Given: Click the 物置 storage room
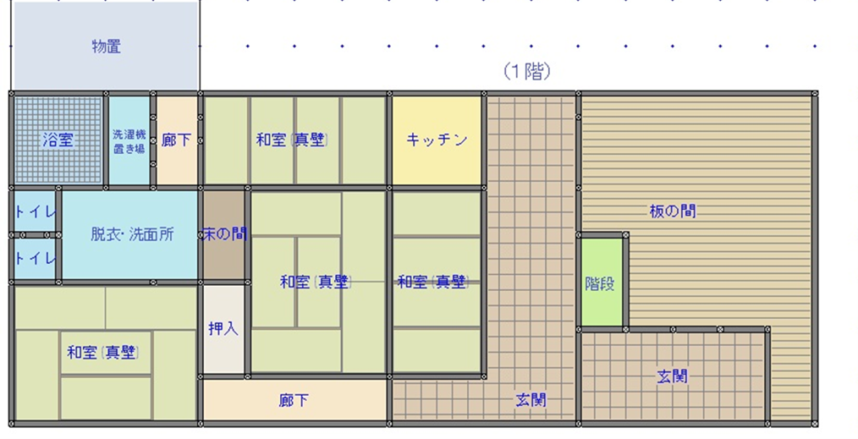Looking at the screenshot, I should tap(106, 47).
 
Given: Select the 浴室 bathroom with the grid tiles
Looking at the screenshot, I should tap(58, 140).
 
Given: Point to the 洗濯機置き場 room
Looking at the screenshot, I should tap(129, 140).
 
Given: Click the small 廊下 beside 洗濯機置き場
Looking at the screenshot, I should tap(176, 140).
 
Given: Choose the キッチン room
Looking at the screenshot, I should tap(436, 140).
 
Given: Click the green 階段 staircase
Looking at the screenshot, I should tap(600, 284).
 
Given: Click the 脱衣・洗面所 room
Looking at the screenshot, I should tap(131, 234).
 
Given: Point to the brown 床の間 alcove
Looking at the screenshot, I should tap(223, 234).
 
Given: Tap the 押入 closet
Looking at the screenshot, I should tap(223, 329).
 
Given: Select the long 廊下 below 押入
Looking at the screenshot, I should tap(294, 400).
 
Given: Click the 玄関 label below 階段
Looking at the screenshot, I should tap(673, 376).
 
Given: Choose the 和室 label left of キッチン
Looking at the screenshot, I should tap(292, 140).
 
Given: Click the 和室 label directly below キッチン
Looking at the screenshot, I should tap(432, 283).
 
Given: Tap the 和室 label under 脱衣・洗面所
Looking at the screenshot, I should tap(103, 352).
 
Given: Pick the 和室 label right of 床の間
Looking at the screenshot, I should tap(316, 283).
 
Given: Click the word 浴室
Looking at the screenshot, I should tap(58, 140).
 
